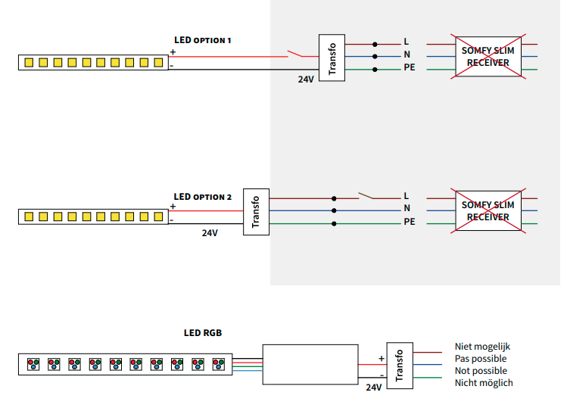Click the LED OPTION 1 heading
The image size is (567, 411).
point(202,40)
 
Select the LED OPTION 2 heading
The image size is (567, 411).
point(202,197)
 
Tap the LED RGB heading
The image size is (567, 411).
point(203,332)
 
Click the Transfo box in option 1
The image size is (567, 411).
point(332,57)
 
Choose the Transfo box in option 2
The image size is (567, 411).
point(256,211)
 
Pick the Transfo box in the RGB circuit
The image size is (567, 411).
point(399,364)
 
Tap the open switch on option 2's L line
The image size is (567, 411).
point(369,195)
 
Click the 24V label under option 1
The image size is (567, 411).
point(306,79)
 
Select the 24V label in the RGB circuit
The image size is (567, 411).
point(373,387)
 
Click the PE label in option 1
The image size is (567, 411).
point(409,70)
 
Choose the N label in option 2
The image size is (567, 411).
point(407,208)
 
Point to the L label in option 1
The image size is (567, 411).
point(406,42)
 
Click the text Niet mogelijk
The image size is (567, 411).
point(483,347)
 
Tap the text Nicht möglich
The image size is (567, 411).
point(484,383)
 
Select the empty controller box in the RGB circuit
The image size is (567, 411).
point(310,364)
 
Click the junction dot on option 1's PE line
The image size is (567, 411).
point(375,70)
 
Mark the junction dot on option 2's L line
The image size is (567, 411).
point(334,198)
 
